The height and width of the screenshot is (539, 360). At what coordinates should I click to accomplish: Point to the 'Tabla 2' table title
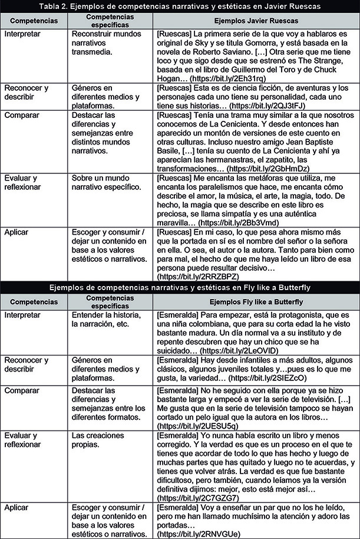[x=180, y=6]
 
